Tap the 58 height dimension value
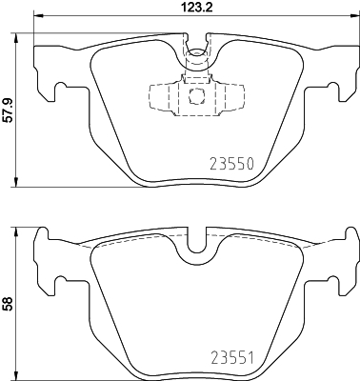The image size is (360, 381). click(9, 304)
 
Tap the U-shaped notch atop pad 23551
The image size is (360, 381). click(197, 244)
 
